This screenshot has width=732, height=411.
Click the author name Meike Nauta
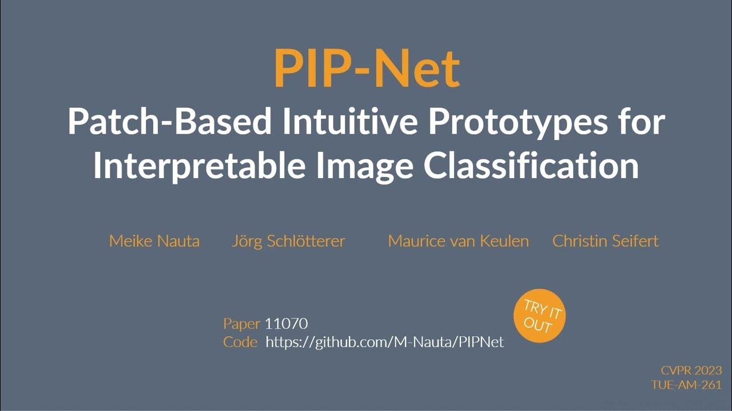coord(154,241)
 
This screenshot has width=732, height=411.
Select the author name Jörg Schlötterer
coord(288,241)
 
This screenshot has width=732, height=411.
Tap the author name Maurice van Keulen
coord(458,241)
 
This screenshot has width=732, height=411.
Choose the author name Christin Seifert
coord(605,241)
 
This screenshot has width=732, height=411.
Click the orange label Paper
coord(242,324)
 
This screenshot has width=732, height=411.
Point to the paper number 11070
coord(287,324)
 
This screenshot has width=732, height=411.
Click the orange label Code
coord(240,342)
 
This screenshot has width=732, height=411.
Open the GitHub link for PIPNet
coord(385,342)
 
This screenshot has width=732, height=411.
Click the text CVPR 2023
coord(691,370)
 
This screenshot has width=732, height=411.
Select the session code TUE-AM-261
coord(686,385)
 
